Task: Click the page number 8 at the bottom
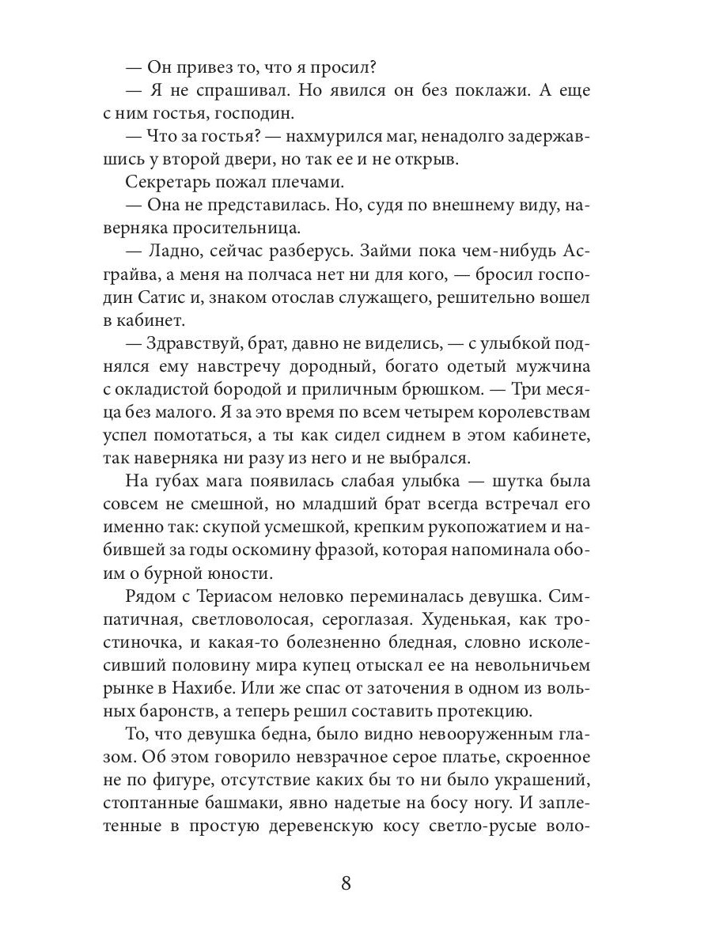click(346, 883)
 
